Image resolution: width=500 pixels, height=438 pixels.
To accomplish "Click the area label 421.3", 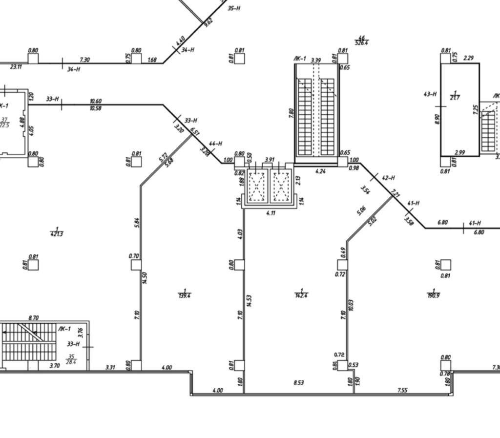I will (x=57, y=234).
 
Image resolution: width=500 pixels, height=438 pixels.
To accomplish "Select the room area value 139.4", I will (x=185, y=295).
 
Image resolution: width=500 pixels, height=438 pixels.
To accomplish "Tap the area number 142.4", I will (x=302, y=295).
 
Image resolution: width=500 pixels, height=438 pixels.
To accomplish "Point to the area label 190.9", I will (x=433, y=295).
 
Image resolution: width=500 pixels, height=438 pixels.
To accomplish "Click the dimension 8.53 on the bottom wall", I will (x=298, y=383).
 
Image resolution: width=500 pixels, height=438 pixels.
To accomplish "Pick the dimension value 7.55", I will (x=402, y=390).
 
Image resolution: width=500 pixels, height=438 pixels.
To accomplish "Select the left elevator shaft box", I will (x=257, y=186).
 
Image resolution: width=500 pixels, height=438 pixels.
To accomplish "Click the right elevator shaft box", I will (x=281, y=186).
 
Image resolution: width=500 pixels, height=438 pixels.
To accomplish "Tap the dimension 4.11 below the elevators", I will (x=271, y=213).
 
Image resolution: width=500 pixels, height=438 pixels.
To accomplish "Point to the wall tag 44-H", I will (x=215, y=144).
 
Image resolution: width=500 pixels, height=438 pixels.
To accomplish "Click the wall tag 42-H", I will (x=388, y=178).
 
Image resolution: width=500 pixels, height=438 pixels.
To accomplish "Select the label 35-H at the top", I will (x=234, y=8).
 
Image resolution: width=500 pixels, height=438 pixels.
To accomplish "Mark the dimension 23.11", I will (x=16, y=67).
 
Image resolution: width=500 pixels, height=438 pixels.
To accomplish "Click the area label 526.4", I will (x=362, y=42).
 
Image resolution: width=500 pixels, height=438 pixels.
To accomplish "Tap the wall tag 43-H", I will (x=430, y=94).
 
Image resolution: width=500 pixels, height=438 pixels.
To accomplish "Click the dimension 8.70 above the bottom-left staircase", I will (x=33, y=318).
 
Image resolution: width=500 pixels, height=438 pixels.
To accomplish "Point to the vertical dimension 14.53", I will (x=249, y=301).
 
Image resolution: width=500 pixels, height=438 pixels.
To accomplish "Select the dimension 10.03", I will (x=352, y=305).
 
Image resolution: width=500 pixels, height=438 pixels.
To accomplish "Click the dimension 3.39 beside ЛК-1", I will (x=315, y=60).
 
